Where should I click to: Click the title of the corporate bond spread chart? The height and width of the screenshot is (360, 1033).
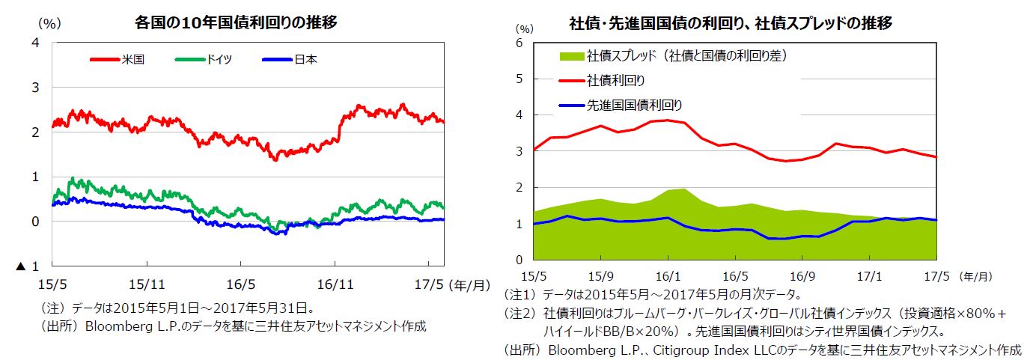pos(731,23)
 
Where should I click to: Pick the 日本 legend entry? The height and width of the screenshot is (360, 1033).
pos(305,59)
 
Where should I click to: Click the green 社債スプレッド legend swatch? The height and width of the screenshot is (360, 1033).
pos(570,55)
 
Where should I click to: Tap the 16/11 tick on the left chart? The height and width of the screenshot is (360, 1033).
pos(334,284)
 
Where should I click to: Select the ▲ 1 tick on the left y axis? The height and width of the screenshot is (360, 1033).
pos(27,266)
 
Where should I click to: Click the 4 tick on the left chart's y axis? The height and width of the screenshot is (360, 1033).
pos(35,43)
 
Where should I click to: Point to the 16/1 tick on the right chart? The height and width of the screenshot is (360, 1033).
pos(667,276)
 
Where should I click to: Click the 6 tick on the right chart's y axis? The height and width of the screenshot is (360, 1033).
pos(519,43)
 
